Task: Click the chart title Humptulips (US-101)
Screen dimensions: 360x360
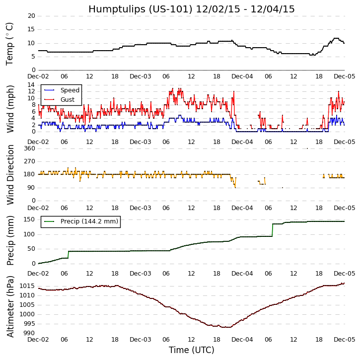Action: [x=191, y=9]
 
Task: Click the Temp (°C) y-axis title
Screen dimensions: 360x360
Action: [x=10, y=44]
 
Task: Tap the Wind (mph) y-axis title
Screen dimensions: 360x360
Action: [x=10, y=109]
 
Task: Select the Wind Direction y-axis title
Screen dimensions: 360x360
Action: [x=10, y=175]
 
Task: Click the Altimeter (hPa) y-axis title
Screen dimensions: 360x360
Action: [x=10, y=306]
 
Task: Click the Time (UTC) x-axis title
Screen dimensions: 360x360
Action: [x=191, y=350]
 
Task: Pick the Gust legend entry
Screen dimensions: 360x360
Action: [x=67, y=100]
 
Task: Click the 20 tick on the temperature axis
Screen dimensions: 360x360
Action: [x=31, y=16]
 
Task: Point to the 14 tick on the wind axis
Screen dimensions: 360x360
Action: [x=31, y=85]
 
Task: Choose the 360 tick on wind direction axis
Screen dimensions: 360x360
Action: [x=29, y=148]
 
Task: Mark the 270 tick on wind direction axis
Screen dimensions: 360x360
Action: [x=29, y=161]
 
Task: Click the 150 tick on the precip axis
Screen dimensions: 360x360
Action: [x=29, y=219]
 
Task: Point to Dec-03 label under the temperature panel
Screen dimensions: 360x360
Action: [x=141, y=76]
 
